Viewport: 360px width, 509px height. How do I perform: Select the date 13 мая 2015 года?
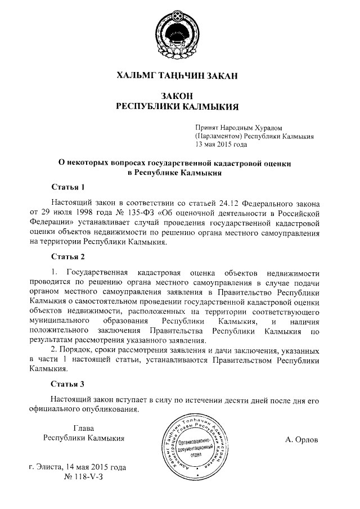click(x=221, y=144)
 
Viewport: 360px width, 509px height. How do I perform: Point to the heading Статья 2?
click(x=67, y=257)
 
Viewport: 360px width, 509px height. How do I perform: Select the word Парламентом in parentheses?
click(x=220, y=136)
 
